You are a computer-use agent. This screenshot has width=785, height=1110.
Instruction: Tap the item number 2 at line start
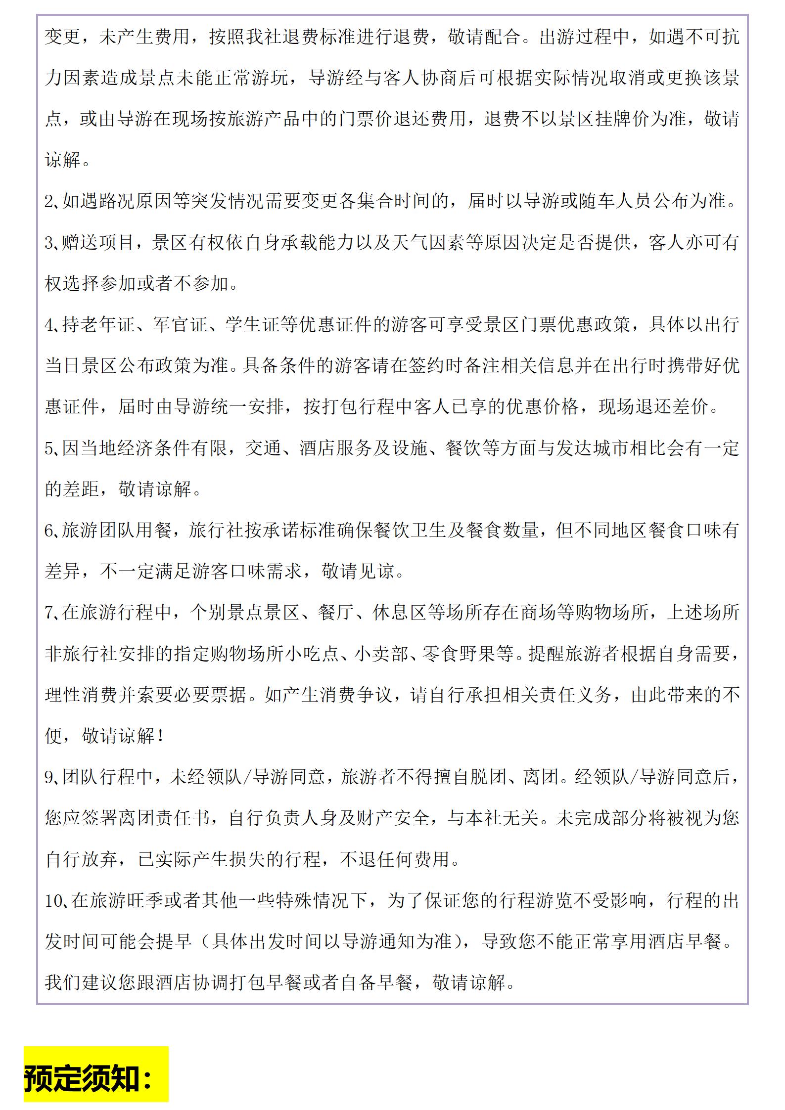pyautogui.click(x=49, y=201)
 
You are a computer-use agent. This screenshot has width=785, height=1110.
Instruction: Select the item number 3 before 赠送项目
pyautogui.click(x=49, y=243)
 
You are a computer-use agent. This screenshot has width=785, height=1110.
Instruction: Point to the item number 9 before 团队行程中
pyautogui.click(x=49, y=778)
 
